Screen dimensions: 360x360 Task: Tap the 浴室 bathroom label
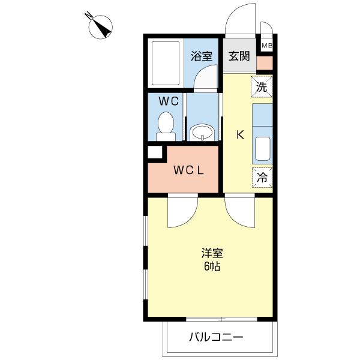[x=202, y=56]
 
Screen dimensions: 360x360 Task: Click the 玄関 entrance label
[x=238, y=56]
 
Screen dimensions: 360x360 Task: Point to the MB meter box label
[x=266, y=46]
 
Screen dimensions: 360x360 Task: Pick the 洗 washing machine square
[x=262, y=86]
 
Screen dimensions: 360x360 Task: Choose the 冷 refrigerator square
[x=262, y=177]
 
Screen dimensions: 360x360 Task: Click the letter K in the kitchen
[x=239, y=135]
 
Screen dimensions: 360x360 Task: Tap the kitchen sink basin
[x=262, y=150]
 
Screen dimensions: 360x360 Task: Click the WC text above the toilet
[x=169, y=101]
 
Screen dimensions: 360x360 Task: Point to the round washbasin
[x=202, y=132]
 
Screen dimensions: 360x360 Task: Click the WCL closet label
[x=190, y=170]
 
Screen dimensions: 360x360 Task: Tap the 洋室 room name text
[x=212, y=252]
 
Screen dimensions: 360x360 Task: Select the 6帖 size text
[x=211, y=266]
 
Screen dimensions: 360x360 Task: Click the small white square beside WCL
[x=155, y=152]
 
